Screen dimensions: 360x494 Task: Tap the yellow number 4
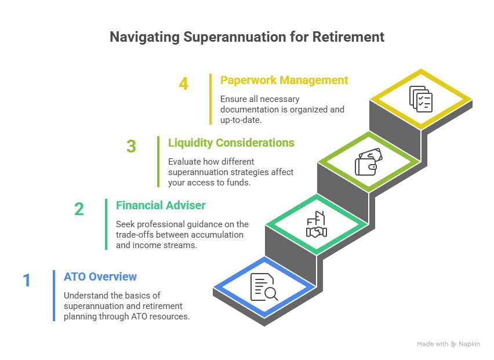[183, 83]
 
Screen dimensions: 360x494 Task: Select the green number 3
[132, 146]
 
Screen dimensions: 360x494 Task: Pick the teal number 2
[79, 209]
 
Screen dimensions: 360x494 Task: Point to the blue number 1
[27, 281]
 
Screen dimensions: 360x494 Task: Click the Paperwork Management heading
[284, 80]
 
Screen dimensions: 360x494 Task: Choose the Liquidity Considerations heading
[231, 143]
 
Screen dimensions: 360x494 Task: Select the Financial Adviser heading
[161, 205]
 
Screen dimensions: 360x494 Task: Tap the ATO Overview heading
[100, 277]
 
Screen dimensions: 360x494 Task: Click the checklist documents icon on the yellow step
[420, 99]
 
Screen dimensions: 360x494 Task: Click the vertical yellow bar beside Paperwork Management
[210, 99]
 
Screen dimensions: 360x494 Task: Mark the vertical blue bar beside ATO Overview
[53, 295]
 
